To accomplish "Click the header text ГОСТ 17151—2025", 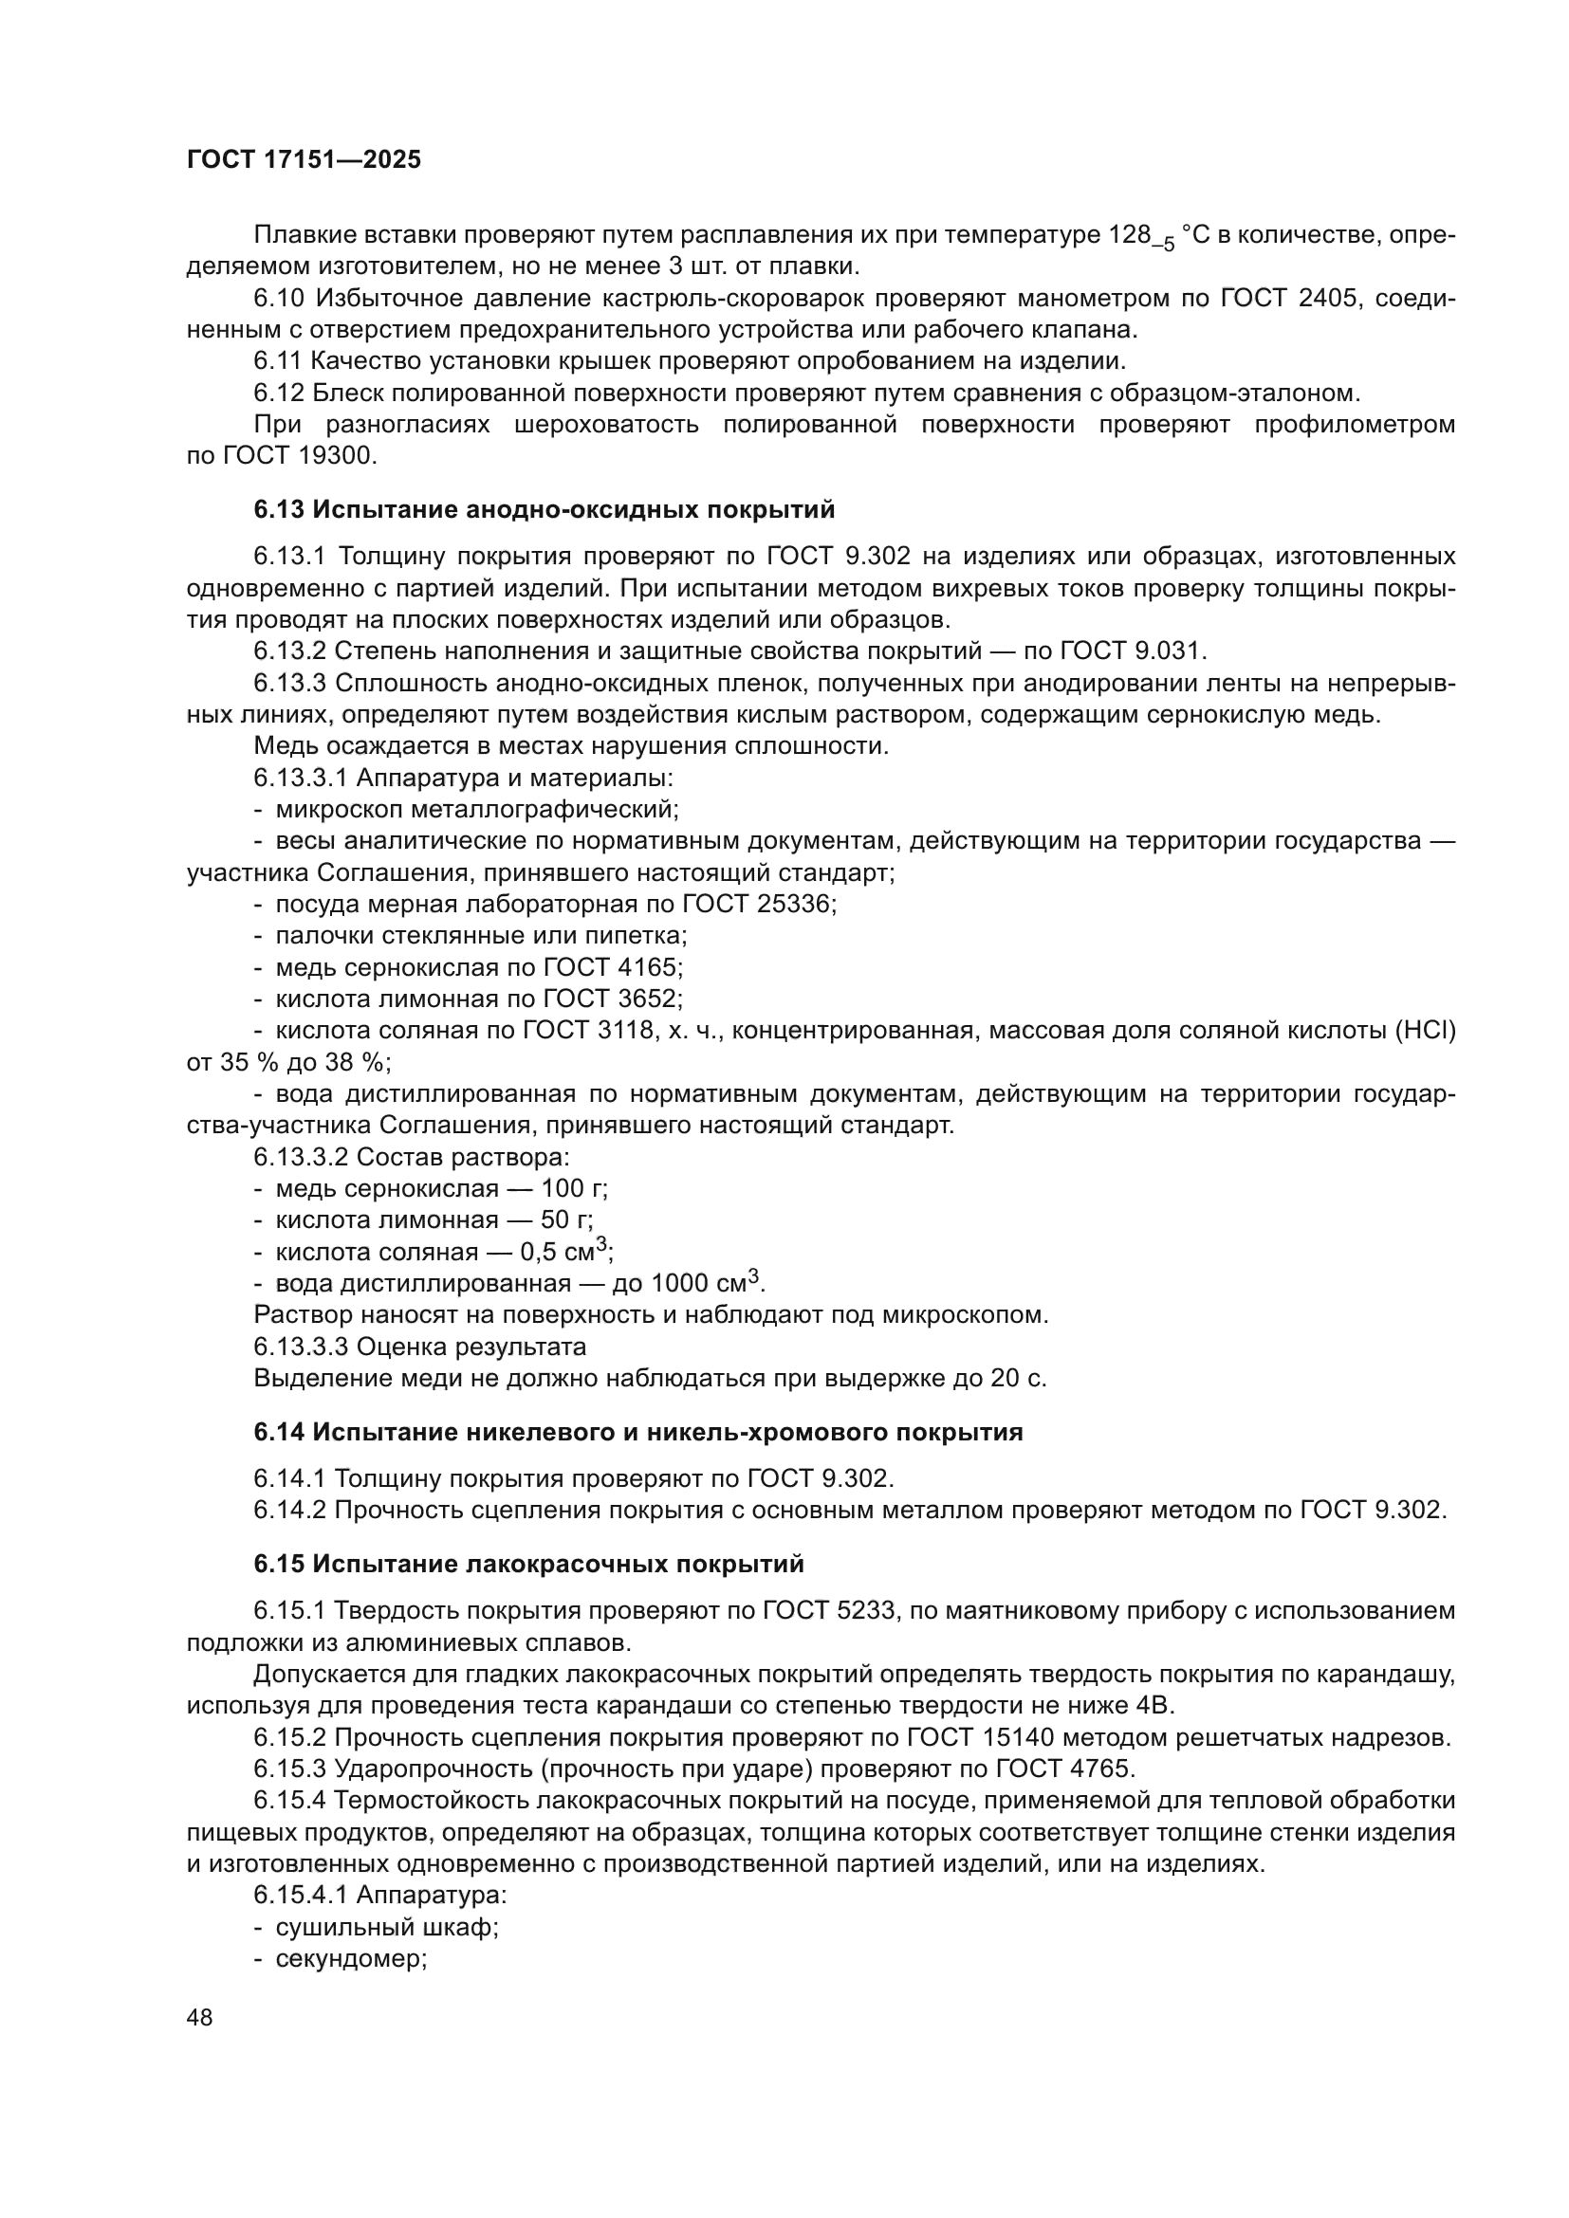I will pyautogui.click(x=304, y=160).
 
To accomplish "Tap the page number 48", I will pyautogui.click(x=200, y=2017).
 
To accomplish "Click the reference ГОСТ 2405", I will pyautogui.click(x=1291, y=298).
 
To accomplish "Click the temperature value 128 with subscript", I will pyautogui.click(x=1140, y=236).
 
